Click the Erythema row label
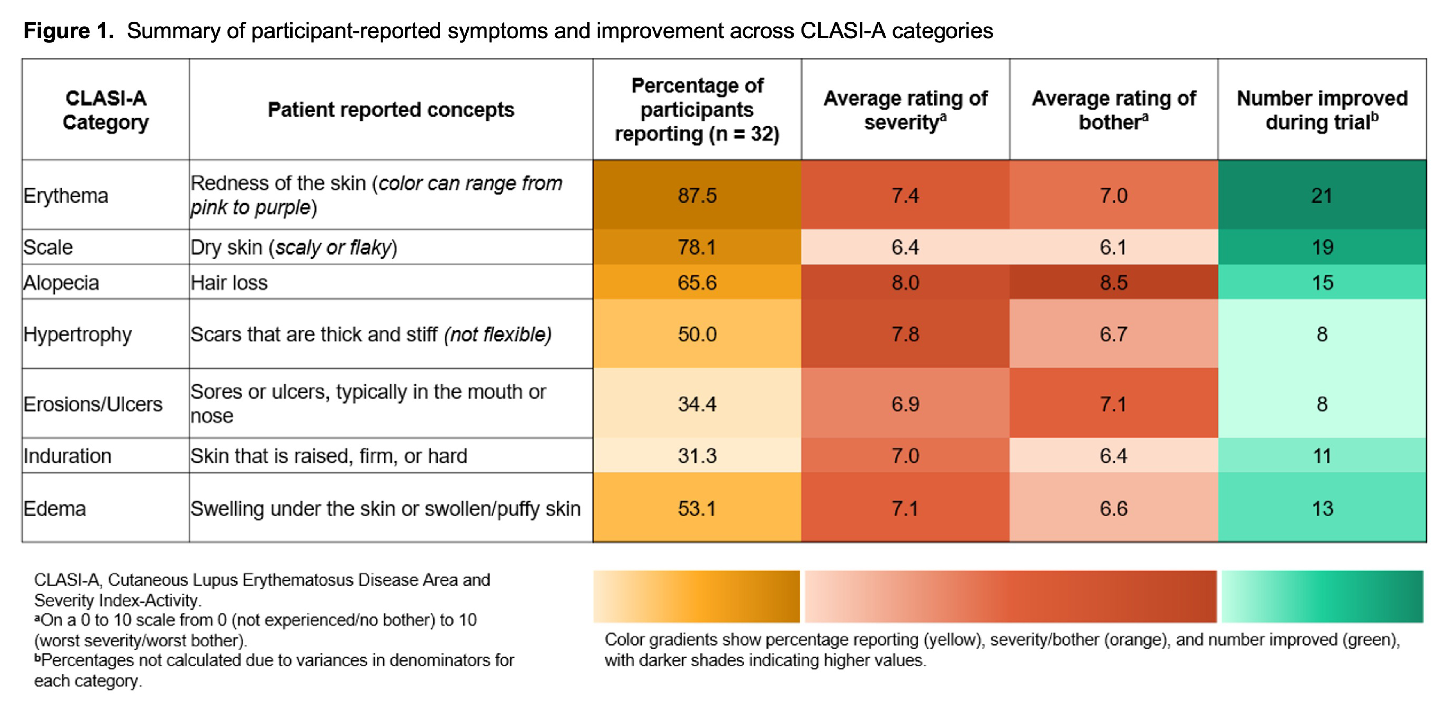pyautogui.click(x=66, y=195)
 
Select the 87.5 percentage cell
pyautogui.click(x=697, y=195)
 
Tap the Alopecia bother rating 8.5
pyautogui.click(x=1113, y=282)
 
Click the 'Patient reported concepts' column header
pyautogui.click(x=391, y=109)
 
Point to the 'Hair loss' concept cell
pyautogui.click(x=229, y=282)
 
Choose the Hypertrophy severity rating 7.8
pyautogui.click(x=905, y=334)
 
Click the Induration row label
pyautogui.click(x=67, y=455)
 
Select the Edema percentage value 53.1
pyautogui.click(x=697, y=508)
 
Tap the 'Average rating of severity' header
pyautogui.click(x=905, y=109)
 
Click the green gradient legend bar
pyautogui.click(x=1322, y=597)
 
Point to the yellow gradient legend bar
pyautogui.click(x=697, y=597)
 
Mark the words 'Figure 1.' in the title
pyautogui.click(x=68, y=31)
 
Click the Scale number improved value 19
pyautogui.click(x=1322, y=247)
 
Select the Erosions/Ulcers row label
pyautogui.click(x=93, y=404)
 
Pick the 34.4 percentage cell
pyautogui.click(x=697, y=404)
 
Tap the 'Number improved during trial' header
pyautogui.click(x=1322, y=109)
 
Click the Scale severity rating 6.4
pyautogui.click(x=905, y=247)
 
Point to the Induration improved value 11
pyautogui.click(x=1322, y=455)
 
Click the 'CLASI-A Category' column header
pyautogui.click(x=106, y=109)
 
